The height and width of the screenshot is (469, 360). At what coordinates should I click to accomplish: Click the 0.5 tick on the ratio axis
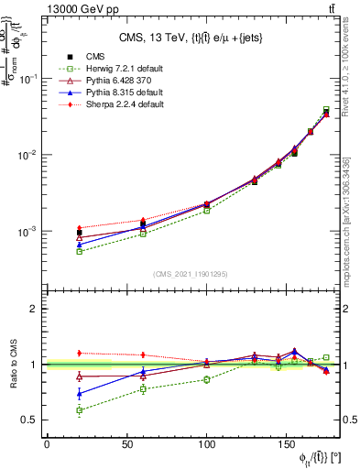click(x=30, y=420)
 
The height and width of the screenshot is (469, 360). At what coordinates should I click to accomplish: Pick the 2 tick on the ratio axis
click(x=36, y=309)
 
